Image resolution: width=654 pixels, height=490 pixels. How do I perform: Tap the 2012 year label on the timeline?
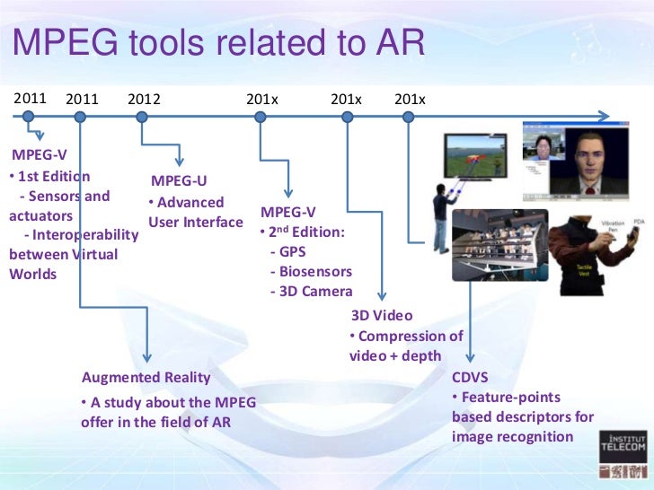144,99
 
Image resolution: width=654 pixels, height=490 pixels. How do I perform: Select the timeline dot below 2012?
141,117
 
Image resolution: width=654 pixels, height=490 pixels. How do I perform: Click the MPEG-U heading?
179,182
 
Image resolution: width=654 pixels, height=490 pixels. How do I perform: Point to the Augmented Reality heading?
146,377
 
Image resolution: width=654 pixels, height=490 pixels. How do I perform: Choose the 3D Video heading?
381,315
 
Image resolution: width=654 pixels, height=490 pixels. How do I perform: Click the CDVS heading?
470,377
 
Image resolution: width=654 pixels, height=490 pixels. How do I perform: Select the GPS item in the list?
293,252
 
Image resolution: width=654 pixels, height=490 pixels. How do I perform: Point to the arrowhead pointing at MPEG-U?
181,159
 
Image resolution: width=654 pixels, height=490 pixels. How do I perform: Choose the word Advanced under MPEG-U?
190,203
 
